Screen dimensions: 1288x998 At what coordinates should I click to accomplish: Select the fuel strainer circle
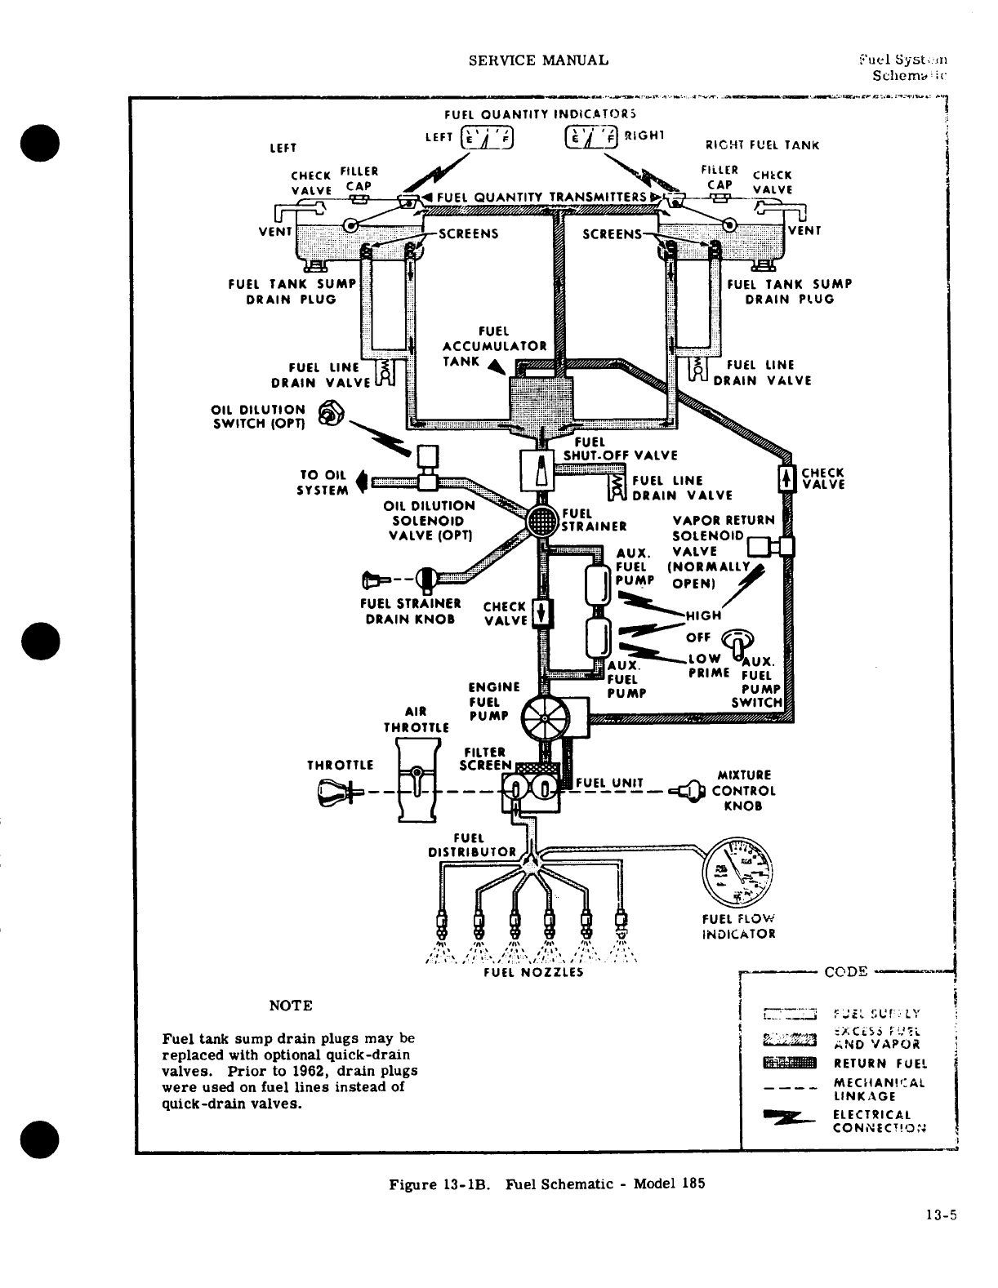point(540,520)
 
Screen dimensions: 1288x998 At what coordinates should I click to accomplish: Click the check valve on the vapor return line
point(786,477)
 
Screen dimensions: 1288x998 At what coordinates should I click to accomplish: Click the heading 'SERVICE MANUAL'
point(539,60)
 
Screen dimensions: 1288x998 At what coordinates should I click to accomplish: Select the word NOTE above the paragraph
point(290,1005)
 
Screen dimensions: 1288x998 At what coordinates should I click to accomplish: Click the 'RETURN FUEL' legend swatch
point(788,1063)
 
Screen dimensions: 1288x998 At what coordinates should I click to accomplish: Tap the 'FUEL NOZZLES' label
point(533,972)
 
